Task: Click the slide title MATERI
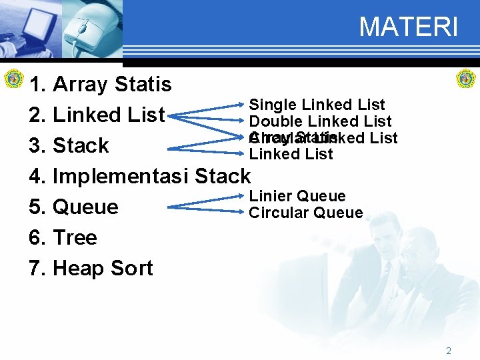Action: (x=408, y=27)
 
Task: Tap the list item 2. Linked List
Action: (x=97, y=115)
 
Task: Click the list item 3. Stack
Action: (x=69, y=145)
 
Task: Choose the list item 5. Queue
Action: (x=74, y=207)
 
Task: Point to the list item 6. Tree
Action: (x=63, y=237)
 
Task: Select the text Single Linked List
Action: (x=317, y=105)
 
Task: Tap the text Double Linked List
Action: (x=320, y=121)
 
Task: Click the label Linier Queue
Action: (x=297, y=196)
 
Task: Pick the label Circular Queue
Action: (x=305, y=213)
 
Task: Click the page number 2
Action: (x=448, y=350)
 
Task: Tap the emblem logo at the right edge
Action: (x=465, y=79)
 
